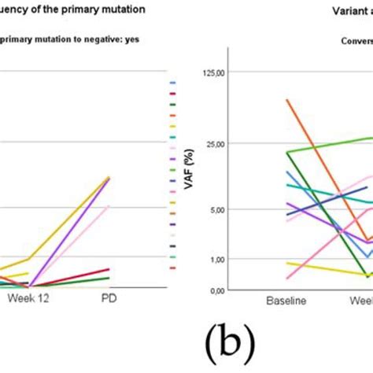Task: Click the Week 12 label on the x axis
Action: [x=29, y=299]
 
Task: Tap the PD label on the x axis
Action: [x=110, y=299]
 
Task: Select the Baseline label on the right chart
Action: [x=286, y=301]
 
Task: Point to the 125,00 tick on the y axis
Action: [x=211, y=72]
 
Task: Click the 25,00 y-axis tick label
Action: [x=213, y=144]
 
